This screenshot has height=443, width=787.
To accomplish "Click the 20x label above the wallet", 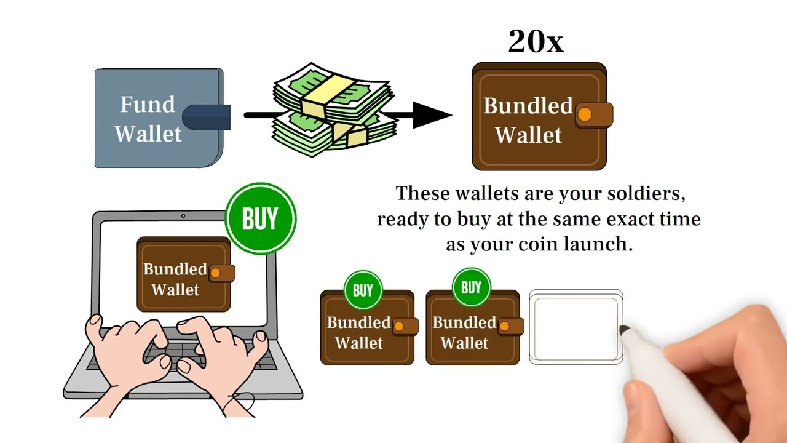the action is (x=536, y=41).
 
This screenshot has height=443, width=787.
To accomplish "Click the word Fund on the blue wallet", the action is (x=148, y=105).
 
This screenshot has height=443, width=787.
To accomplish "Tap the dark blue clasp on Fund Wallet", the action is (x=206, y=117).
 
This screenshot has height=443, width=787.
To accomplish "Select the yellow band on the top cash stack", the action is (x=328, y=95).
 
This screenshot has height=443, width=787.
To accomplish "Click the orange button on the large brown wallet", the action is (x=585, y=114).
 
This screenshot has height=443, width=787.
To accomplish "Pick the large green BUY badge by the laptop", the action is (x=260, y=218).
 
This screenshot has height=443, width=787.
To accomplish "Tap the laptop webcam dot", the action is (x=183, y=215).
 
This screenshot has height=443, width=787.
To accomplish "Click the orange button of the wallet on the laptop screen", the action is (x=215, y=273).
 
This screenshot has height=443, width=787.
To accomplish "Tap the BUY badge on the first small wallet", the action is (x=363, y=290).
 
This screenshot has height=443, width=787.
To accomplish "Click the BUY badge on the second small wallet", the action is (x=471, y=287).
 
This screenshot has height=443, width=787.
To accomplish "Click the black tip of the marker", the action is (x=624, y=330).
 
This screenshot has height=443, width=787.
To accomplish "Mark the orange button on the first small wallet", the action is (x=399, y=326).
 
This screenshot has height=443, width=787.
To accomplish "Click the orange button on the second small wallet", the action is (x=504, y=326).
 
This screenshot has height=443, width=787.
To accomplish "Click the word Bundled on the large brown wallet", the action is (x=528, y=105).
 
